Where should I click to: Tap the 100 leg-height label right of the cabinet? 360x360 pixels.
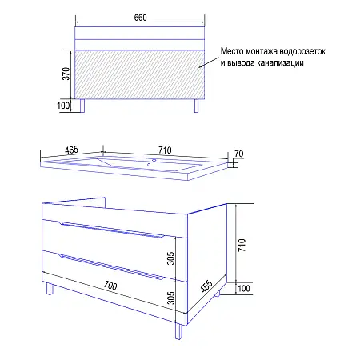(244, 288)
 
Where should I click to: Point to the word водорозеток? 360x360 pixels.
(303, 52)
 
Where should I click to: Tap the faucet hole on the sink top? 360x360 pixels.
(152, 160)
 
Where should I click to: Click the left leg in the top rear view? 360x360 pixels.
(83, 106)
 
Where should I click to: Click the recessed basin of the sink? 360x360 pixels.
(120, 164)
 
